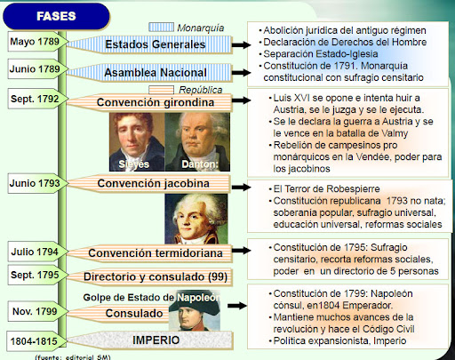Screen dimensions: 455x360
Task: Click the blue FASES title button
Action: pyautogui.click(x=56, y=16)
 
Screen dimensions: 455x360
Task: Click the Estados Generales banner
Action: pyautogui.click(x=150, y=44)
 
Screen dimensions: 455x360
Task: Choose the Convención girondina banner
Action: pyautogui.click(x=150, y=102)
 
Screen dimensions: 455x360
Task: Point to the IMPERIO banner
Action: pyautogui.click(x=150, y=340)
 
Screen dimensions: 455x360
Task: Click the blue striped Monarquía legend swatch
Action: pyautogui.click(x=161, y=28)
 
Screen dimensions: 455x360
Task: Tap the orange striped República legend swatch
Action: pyautogui.click(x=161, y=90)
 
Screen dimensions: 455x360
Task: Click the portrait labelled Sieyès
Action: pyautogui.click(x=137, y=141)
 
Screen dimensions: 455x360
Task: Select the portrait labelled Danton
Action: pyautogui.click(x=197, y=141)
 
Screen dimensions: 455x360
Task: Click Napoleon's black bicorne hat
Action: pyautogui.click(x=195, y=307)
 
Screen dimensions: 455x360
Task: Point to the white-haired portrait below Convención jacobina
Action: pyautogui.click(x=196, y=219)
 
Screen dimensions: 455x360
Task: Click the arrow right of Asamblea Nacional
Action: pyautogui.click(x=242, y=73)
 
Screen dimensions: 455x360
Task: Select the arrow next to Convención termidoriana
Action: pyautogui.click(x=242, y=251)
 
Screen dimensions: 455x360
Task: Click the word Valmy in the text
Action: pyautogui.click(x=395, y=133)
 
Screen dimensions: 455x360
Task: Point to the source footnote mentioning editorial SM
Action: pyautogui.click(x=73, y=357)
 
